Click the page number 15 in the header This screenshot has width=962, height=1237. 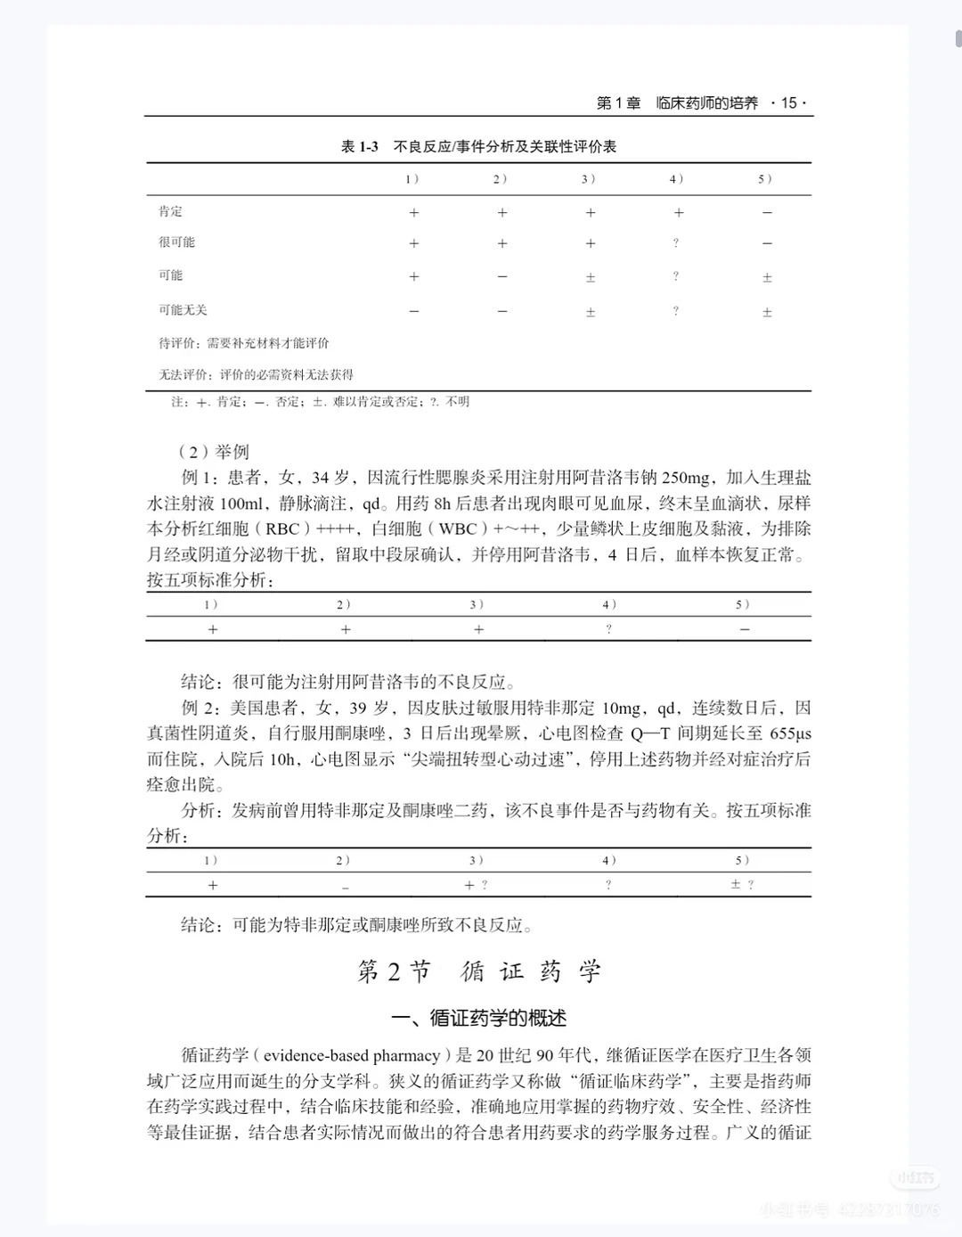(788, 103)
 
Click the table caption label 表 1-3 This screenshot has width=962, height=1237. (360, 147)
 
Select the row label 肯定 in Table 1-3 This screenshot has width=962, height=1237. (171, 211)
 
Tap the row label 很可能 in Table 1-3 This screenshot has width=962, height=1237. (176, 242)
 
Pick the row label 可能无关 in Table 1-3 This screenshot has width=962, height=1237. (183, 310)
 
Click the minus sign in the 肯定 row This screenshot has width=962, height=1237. (767, 213)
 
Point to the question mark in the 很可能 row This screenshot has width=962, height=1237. (677, 243)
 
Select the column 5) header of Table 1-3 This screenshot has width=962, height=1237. (765, 179)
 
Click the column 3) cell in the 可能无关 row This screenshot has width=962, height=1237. (590, 312)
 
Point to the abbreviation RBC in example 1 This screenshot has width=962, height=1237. (279, 529)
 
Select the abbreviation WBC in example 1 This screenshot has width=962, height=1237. (458, 529)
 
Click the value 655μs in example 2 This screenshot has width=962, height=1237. (790, 734)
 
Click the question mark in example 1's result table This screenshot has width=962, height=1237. (608, 629)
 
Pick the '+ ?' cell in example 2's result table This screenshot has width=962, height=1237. (476, 885)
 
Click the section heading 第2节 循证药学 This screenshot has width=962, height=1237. (479, 971)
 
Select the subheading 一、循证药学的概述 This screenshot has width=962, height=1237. (479, 1018)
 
